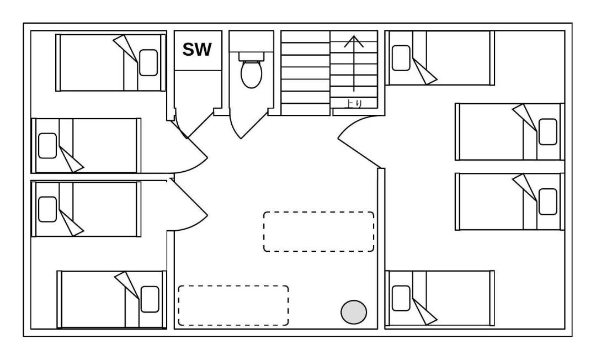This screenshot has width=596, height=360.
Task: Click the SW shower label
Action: coord(196,50)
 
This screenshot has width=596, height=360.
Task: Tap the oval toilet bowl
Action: coord(251,74)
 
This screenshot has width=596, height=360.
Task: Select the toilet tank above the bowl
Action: coord(251,56)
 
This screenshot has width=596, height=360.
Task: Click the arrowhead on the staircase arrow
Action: coord(354,41)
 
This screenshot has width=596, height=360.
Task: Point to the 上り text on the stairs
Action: coord(354,103)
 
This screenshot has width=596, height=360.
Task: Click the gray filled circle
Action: coord(354,312)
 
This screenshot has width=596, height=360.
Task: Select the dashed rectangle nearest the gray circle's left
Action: coord(233,306)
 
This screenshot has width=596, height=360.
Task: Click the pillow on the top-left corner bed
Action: coord(148,63)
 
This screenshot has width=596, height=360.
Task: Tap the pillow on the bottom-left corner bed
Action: coord(150,299)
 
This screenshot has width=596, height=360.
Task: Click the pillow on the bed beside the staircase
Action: coord(401,58)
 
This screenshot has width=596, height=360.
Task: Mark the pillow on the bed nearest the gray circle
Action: coord(401,298)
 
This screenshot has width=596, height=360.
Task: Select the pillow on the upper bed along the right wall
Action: coord(548,132)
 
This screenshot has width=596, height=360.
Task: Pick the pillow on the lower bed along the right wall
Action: coord(548,202)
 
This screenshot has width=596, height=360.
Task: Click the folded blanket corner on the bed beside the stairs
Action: coord(424,73)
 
